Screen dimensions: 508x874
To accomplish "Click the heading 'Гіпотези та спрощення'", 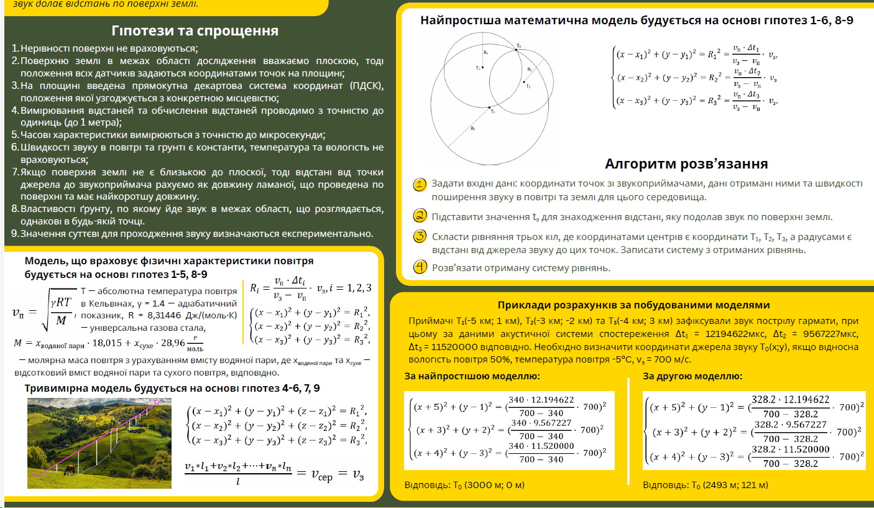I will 195,30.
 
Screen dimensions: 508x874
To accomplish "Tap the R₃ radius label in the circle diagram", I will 473,128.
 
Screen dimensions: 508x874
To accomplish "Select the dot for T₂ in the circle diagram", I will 524,81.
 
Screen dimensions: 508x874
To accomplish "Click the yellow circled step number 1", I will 420,185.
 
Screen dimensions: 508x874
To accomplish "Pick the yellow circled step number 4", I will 420,267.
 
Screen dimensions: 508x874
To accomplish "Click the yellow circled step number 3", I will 420,237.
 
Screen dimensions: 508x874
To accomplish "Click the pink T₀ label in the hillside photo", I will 157,402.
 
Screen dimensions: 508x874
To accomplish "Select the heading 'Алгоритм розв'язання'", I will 686,164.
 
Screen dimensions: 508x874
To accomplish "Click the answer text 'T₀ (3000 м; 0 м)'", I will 484,485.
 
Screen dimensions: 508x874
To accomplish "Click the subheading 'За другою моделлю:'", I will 692,376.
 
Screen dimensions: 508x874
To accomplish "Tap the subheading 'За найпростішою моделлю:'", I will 472,376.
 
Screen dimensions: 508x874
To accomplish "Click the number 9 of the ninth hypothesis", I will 15,234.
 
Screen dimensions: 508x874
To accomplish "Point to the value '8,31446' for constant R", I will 163,315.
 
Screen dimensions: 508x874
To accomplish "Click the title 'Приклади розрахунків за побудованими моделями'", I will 634,305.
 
